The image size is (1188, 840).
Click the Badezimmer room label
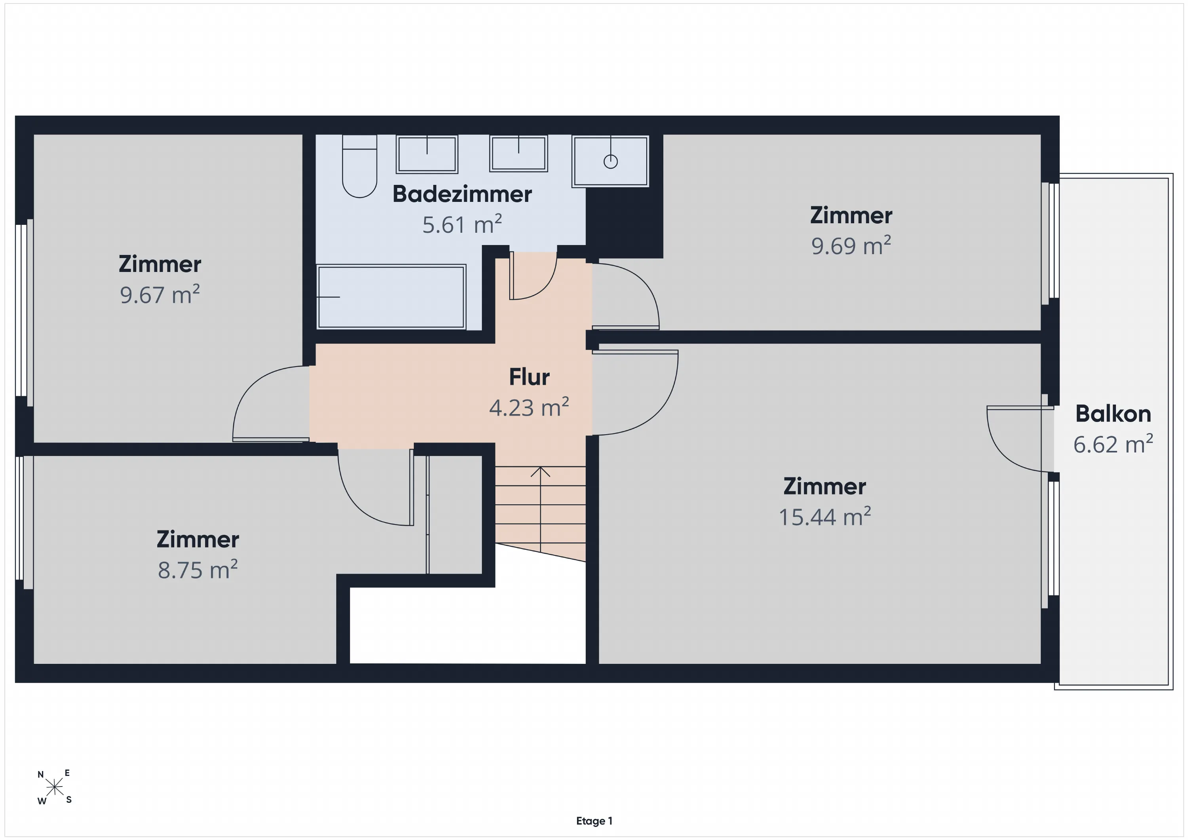[462, 194]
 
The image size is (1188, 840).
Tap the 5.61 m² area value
[462, 224]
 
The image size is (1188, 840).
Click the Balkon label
[1113, 414]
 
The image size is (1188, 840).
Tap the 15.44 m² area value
[825, 517]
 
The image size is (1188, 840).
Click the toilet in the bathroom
[360, 166]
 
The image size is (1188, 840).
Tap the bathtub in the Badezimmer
[391, 297]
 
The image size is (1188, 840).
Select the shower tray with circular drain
[610, 161]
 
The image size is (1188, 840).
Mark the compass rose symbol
[54, 788]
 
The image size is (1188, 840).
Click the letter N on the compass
[41, 774]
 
